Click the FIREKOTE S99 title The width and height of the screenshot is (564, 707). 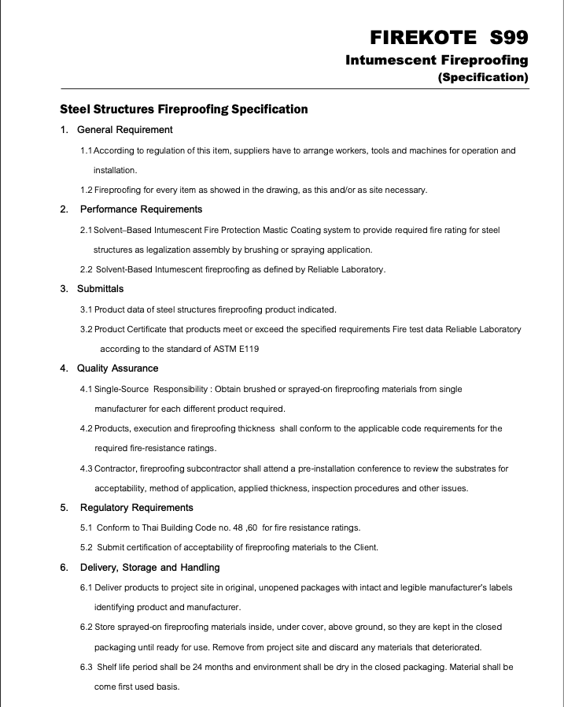click(x=448, y=38)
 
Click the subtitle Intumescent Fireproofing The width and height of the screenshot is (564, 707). click(x=437, y=60)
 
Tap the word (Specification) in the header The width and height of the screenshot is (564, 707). click(x=482, y=77)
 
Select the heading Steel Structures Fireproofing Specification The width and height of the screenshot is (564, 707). click(x=183, y=109)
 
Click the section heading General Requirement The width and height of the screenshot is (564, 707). click(x=126, y=129)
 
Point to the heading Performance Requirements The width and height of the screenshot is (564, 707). click(x=141, y=209)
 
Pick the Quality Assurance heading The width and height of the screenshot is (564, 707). click(x=117, y=368)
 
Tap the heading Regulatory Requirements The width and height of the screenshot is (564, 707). click(x=136, y=507)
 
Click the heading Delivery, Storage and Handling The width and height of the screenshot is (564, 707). click(x=149, y=567)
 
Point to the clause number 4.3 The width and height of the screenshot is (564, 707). click(x=87, y=468)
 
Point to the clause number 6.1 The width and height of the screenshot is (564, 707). click(x=87, y=587)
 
